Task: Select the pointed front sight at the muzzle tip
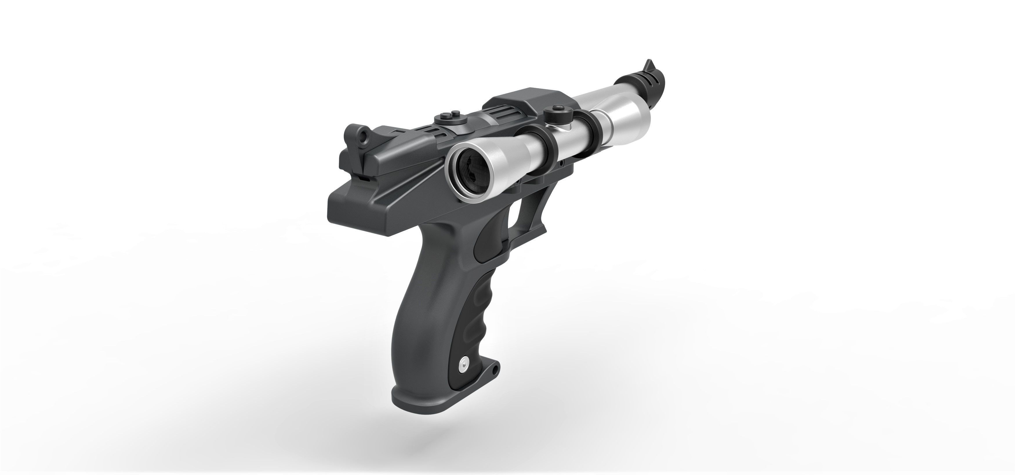(648, 65)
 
